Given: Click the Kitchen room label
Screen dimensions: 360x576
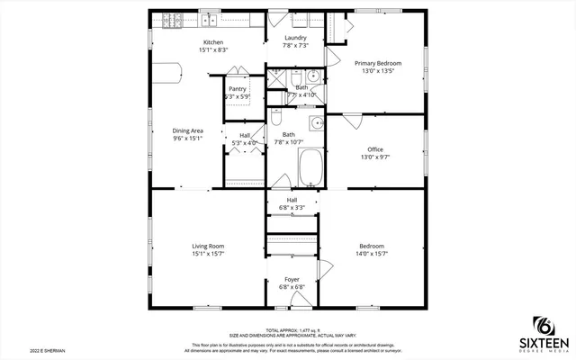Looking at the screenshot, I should [214, 42].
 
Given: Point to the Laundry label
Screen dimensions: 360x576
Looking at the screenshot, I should [295, 38].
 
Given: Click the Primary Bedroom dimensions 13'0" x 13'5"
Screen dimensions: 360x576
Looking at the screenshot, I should [378, 72].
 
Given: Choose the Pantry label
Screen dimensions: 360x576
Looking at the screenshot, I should [238, 89].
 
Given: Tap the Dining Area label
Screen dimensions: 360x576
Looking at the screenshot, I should [188, 130].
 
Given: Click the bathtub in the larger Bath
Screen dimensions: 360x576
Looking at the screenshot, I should [310, 166].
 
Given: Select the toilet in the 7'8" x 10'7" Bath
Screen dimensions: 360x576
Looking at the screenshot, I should [278, 119].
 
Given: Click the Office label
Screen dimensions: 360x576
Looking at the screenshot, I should [375, 149].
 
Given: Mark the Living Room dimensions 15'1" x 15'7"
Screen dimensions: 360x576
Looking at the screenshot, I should [208, 254].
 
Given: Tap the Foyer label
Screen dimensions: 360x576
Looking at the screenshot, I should [292, 279].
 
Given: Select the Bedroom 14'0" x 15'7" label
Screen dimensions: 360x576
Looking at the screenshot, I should [372, 246].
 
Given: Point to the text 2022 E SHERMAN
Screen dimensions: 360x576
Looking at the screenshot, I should [46, 350].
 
